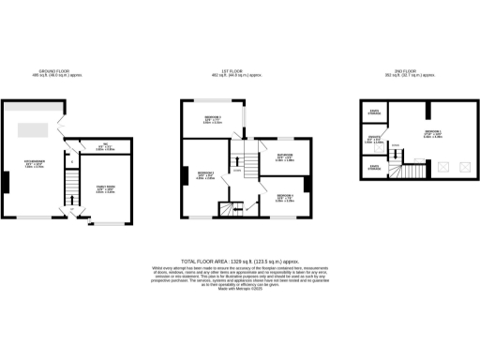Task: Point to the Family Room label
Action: [x=106, y=191]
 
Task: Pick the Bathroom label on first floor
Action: [x=285, y=157]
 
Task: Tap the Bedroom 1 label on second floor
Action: [x=432, y=133]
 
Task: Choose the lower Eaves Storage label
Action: [x=375, y=170]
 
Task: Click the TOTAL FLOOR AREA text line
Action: [x=239, y=262]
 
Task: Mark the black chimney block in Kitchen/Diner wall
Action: [x=6, y=180]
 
